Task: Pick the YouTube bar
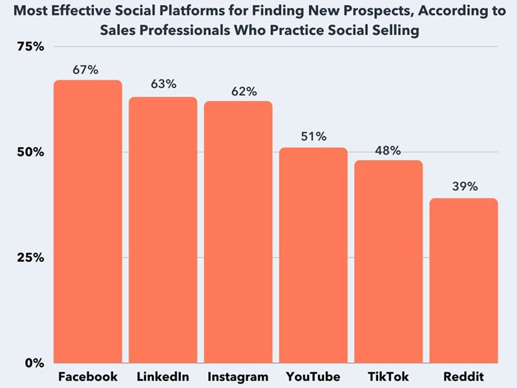tap(313, 255)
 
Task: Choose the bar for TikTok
tap(388, 261)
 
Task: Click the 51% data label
tap(313, 136)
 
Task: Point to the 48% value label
tap(388, 150)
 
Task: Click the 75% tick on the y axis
tap(29, 47)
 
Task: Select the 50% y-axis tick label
tap(29, 153)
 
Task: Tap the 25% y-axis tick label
tap(29, 257)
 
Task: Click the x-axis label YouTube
tap(313, 377)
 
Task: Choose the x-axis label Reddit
tap(464, 377)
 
